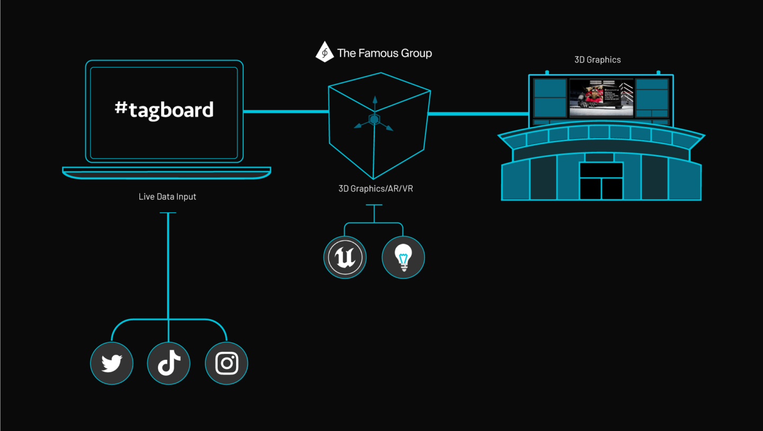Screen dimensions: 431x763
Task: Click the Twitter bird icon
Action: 112,364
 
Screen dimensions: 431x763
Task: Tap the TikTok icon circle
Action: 168,364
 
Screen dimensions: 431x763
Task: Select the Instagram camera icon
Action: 226,364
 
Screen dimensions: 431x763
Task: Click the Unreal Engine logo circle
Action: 345,257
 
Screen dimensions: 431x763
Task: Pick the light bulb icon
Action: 403,257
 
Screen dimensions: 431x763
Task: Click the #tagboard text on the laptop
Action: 164,109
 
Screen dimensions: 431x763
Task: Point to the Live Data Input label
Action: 167,196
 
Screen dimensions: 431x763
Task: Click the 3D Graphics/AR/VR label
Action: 376,188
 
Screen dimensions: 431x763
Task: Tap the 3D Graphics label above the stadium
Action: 597,60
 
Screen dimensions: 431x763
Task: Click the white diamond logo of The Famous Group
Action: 324,53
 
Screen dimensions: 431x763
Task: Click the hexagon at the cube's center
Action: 374,120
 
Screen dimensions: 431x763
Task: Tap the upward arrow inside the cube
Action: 375,102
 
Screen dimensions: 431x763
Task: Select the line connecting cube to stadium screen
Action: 477,114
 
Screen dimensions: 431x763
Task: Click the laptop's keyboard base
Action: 167,173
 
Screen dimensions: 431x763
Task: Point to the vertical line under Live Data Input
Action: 168,265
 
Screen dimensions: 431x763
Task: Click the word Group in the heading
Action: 416,53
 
